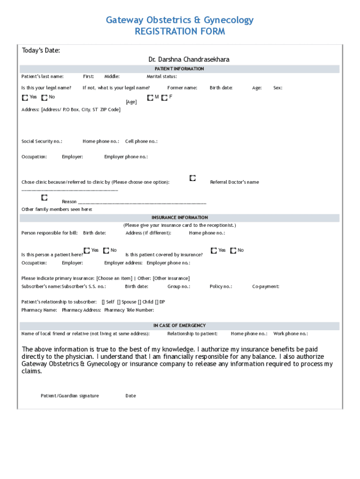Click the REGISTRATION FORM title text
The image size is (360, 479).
click(x=180, y=31)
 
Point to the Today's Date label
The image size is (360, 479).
click(x=41, y=51)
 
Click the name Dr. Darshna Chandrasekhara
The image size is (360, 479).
click(x=189, y=59)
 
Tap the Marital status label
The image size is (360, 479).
click(x=162, y=76)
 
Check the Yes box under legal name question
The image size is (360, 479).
click(x=25, y=98)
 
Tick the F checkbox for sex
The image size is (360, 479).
click(x=164, y=98)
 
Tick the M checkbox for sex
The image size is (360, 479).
click(x=150, y=98)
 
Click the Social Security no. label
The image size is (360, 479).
click(x=42, y=141)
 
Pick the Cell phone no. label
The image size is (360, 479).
click(x=141, y=141)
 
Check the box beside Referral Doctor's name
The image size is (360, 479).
click(x=193, y=178)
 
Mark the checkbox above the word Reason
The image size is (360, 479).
click(x=44, y=197)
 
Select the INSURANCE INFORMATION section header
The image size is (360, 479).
click(x=180, y=218)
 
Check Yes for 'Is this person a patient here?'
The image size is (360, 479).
click(x=87, y=251)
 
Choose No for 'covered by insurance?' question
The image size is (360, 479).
click(x=233, y=251)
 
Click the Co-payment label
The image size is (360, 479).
click(x=266, y=286)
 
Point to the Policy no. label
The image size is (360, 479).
click(x=221, y=286)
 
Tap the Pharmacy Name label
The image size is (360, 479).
click(x=39, y=310)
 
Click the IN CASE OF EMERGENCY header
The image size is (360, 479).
click(x=180, y=326)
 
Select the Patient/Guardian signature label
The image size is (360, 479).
click(x=70, y=396)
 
